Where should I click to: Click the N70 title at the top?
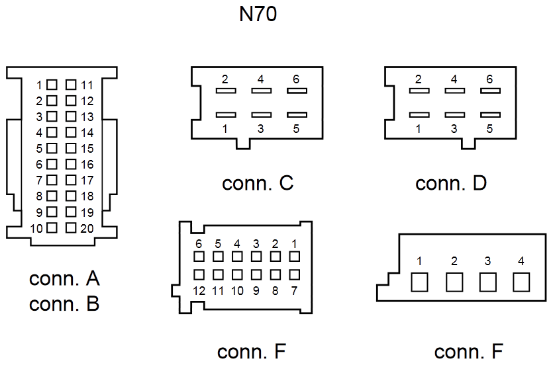tap(258, 15)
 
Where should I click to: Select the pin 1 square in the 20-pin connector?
tap(52, 85)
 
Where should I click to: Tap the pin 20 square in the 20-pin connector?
tap(71, 227)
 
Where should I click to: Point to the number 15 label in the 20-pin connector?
tap(87, 149)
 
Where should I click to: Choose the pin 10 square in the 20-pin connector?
tap(52, 227)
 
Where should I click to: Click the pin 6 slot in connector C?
tap(297, 91)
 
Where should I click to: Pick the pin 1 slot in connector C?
tap(226, 115)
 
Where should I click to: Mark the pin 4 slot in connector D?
tap(454, 91)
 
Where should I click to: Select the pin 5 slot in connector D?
tap(490, 115)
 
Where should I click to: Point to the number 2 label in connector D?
tap(419, 79)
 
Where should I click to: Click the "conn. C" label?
tap(258, 183)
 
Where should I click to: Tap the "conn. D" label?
tap(451, 183)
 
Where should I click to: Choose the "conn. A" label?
tap(64, 278)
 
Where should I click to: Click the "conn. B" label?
tap(64, 304)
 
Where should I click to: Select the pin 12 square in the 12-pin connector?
tap(199, 274)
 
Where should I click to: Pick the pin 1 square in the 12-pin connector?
tap(295, 257)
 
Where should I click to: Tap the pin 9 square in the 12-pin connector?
tap(256, 274)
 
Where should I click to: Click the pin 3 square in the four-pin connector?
tap(487, 282)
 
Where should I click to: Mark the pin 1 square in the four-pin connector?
tap(420, 282)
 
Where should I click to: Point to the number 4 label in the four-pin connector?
tap(521, 261)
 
